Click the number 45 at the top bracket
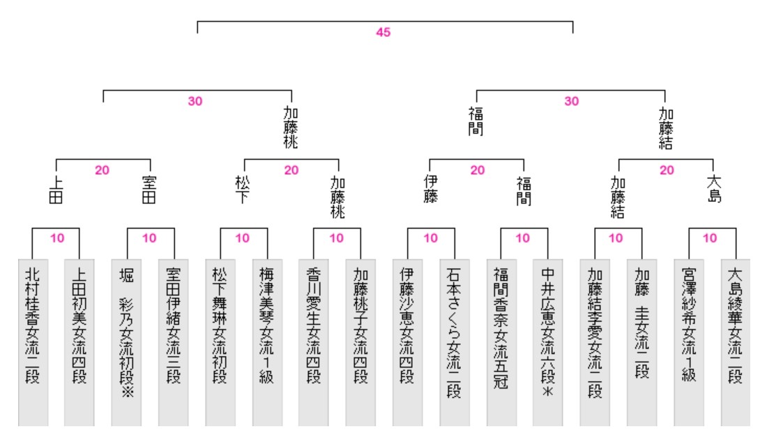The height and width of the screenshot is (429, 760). coord(383,33)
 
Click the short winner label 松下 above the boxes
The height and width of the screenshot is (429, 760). coord(243,189)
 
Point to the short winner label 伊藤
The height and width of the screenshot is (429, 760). coord(430,189)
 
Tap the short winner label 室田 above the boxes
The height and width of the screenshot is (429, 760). coord(149,189)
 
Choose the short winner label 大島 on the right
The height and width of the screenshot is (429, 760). coord(713,189)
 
